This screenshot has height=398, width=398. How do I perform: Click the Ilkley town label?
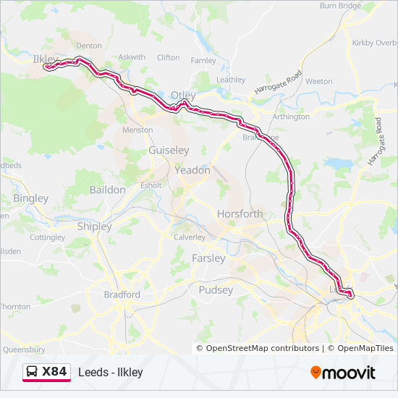click(x=46, y=58)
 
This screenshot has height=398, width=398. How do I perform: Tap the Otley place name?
click(x=183, y=95)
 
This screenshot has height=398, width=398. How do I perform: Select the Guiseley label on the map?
click(x=168, y=150)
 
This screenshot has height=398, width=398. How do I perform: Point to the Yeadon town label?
click(x=192, y=171)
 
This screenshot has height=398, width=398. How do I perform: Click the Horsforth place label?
click(x=240, y=214)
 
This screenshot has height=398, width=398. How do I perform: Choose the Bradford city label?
click(x=122, y=295)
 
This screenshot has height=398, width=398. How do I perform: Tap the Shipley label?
click(x=94, y=226)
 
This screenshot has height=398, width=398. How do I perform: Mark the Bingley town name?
click(x=31, y=198)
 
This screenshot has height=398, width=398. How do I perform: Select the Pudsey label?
click(x=216, y=290)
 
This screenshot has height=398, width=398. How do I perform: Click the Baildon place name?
click(x=107, y=190)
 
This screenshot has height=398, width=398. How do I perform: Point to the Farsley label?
click(x=208, y=258)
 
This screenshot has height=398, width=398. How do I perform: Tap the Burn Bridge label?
click(x=340, y=6)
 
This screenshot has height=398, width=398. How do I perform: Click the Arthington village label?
click(x=291, y=117)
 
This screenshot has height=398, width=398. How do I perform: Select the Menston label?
click(x=138, y=130)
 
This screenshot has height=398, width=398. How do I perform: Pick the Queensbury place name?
click(x=24, y=349)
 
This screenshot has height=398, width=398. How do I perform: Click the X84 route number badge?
click(x=54, y=372)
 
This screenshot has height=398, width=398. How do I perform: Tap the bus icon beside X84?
click(x=32, y=372)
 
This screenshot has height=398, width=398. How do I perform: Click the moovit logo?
click(x=343, y=373)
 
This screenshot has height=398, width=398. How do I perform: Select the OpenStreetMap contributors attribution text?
click(x=263, y=348)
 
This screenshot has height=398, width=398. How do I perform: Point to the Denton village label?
click(x=89, y=46)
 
